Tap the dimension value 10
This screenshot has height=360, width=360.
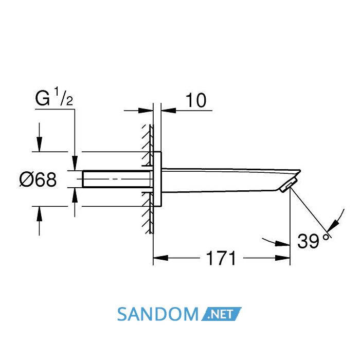(196, 100)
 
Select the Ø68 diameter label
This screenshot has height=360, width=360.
(38, 179)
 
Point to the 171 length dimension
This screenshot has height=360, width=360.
(221, 258)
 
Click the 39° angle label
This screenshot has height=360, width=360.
(314, 241)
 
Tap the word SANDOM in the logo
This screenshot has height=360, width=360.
(157, 314)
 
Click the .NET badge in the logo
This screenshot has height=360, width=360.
(221, 314)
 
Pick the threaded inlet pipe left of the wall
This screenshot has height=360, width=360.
(116, 179)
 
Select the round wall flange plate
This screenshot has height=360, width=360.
(157, 179)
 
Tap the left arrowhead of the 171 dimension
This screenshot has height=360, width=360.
(160, 258)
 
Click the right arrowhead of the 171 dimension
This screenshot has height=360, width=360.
(283, 258)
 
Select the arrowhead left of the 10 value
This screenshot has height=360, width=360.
(146, 111)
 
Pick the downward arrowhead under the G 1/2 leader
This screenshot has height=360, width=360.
(75, 163)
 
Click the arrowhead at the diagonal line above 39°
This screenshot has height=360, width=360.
(333, 225)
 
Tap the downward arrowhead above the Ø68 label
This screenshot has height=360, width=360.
(39, 144)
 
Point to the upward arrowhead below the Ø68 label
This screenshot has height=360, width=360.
(39, 214)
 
